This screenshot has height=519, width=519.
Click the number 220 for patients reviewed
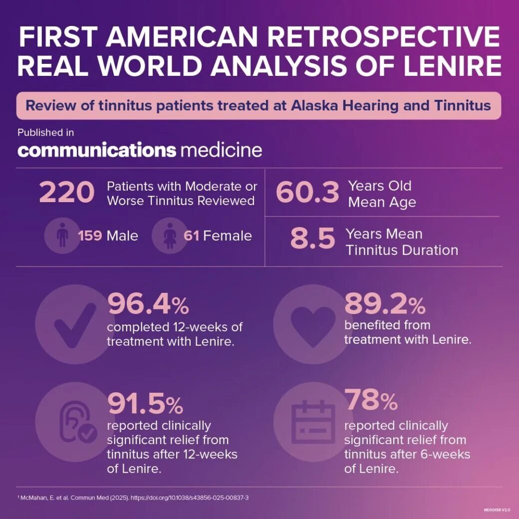coord(66,193)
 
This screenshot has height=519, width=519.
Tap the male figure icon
coord(62,236)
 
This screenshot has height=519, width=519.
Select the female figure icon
coord(169,236)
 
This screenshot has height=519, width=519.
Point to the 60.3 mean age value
coord(307,193)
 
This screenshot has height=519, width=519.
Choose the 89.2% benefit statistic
coord(385,304)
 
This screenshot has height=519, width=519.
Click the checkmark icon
coord(75,324)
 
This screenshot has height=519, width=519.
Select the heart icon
coord(313,324)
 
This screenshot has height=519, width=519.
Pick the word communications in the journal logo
coord(97,150)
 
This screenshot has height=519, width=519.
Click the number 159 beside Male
coord(90,236)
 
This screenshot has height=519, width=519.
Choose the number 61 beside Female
coord(192,236)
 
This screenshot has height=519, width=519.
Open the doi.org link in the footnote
coord(197,498)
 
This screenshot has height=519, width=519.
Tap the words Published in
coord(45,132)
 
